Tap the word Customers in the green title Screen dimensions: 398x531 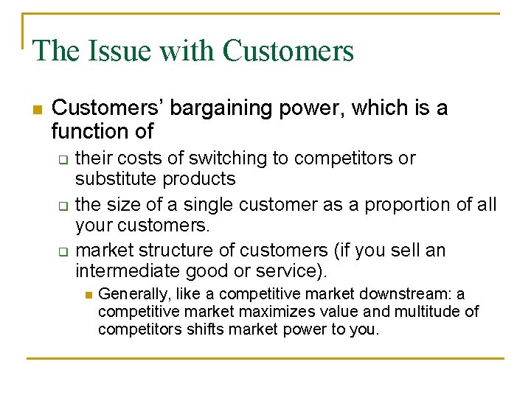(288, 51)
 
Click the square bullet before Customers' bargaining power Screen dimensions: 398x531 (36, 109)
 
